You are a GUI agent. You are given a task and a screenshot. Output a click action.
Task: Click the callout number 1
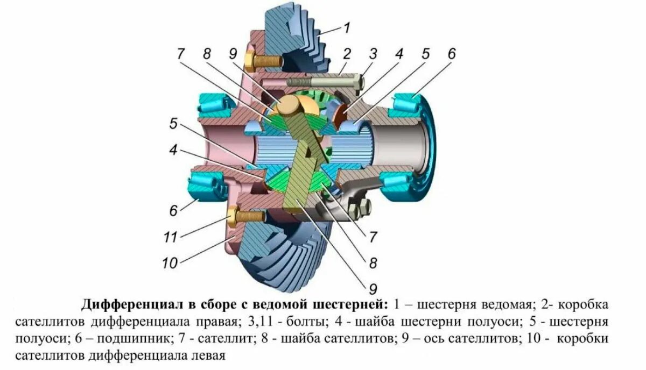(x=347, y=26)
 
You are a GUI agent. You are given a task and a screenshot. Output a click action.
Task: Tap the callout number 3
(x=373, y=53)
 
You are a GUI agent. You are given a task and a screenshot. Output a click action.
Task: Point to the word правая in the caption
(x=215, y=323)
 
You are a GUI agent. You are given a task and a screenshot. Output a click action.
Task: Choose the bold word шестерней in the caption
(x=349, y=305)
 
